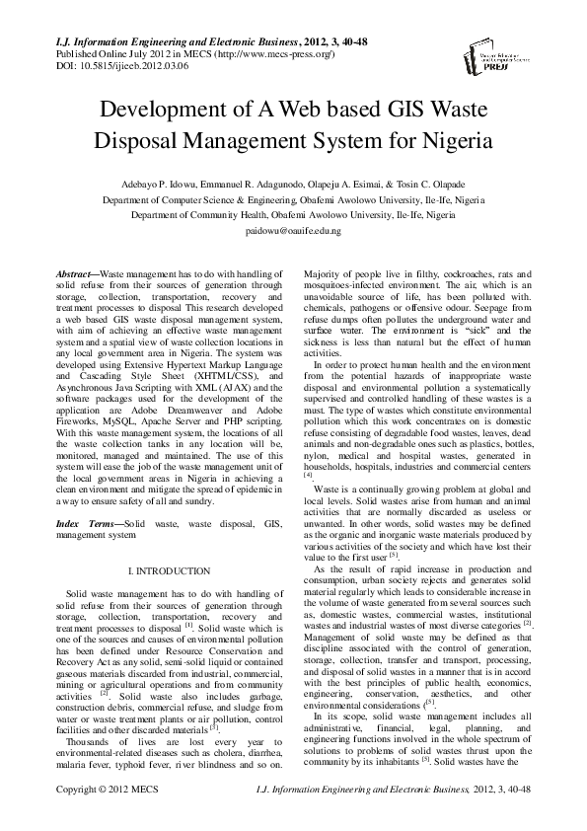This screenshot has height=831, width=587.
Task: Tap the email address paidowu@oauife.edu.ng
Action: tap(293, 229)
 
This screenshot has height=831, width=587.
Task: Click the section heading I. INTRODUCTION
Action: tap(171, 571)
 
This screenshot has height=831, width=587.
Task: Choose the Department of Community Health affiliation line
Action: tap(293, 213)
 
